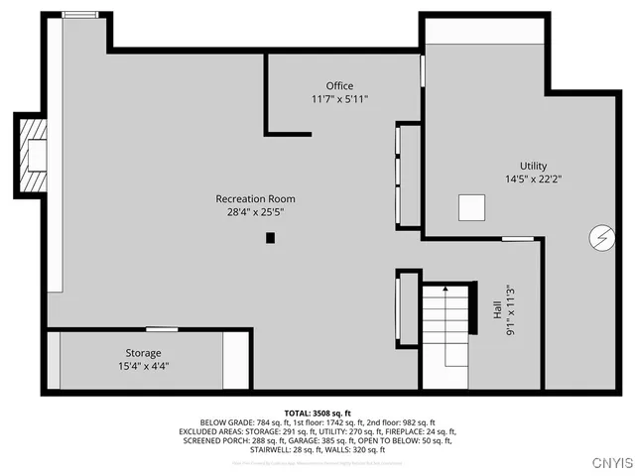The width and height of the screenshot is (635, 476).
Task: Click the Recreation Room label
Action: (255, 199)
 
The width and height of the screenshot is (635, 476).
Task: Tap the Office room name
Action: (339, 86)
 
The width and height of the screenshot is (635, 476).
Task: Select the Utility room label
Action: (533, 167)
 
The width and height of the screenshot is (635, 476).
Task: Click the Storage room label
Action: (143, 353)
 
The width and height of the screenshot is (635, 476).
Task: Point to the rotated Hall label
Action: (497, 308)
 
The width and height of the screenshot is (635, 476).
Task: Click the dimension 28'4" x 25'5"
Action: (255, 212)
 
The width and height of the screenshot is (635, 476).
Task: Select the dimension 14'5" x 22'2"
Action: (533, 179)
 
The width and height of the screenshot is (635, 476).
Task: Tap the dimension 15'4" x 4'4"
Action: (143, 366)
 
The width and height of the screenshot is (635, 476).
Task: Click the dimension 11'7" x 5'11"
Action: (339, 99)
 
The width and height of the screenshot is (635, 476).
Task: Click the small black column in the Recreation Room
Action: (270, 238)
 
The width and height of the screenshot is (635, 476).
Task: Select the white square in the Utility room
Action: (472, 207)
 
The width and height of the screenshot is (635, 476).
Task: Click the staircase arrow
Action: (445, 290)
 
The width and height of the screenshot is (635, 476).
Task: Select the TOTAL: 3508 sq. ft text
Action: (317, 412)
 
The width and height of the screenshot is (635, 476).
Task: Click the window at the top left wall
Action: (73, 15)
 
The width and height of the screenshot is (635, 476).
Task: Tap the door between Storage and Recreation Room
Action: (162, 328)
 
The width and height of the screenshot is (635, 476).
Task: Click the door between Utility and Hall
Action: (516, 239)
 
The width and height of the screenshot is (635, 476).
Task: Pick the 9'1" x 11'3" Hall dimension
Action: (510, 308)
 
